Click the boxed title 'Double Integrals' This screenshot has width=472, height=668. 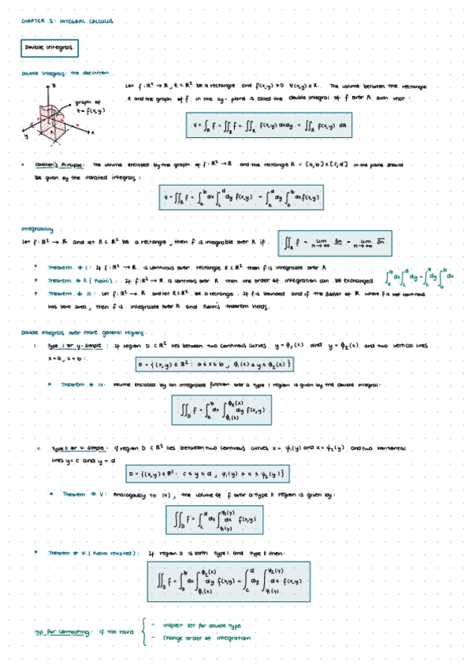49,49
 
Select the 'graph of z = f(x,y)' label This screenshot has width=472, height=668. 87,106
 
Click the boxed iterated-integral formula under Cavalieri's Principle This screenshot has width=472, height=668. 252,196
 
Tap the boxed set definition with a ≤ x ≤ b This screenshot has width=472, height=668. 215,364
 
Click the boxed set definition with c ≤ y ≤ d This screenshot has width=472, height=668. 210,473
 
